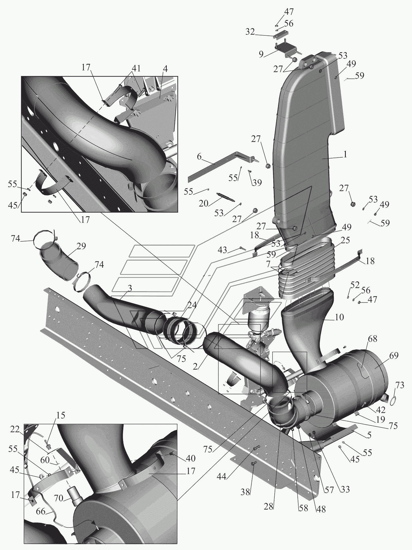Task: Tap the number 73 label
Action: pyautogui.click(x=400, y=385)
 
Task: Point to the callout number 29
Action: pyautogui.click(x=81, y=246)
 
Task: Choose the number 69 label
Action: pyautogui.click(x=394, y=356)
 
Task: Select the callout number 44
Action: pyautogui.click(x=221, y=476)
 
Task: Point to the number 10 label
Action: pyautogui.click(x=339, y=317)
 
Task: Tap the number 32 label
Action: pyautogui.click(x=250, y=32)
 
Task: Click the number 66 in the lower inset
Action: pyautogui.click(x=41, y=512)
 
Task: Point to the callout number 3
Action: pyautogui.click(x=130, y=288)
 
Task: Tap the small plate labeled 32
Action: pyautogui.click(x=280, y=36)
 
